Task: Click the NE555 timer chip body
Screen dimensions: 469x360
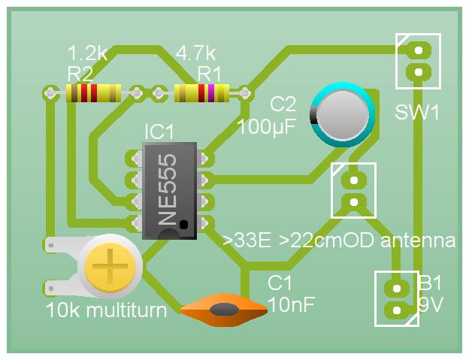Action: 170,191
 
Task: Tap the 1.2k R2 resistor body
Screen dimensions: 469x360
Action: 94,93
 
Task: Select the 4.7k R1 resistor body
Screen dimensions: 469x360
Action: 201,93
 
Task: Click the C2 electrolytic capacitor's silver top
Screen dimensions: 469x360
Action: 343,115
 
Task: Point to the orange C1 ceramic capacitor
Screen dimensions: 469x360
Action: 224,310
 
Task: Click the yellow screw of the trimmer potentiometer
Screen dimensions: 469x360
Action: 110,267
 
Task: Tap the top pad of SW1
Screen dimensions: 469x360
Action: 419,50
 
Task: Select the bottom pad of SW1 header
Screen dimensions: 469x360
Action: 419,72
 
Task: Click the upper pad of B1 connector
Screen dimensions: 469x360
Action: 397,289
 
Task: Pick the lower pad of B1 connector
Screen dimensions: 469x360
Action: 397,310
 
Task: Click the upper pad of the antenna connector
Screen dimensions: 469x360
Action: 354,180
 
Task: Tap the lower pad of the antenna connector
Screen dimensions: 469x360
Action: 354,202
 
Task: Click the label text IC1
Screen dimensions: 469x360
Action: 159,132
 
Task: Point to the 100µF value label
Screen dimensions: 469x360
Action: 267,127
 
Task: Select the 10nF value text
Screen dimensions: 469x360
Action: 292,304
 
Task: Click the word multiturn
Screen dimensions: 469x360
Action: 126,310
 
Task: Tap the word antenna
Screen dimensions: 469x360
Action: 418,241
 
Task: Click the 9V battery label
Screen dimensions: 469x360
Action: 430,304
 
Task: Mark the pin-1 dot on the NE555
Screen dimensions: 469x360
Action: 183,224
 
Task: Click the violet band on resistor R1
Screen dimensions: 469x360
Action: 211,93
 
